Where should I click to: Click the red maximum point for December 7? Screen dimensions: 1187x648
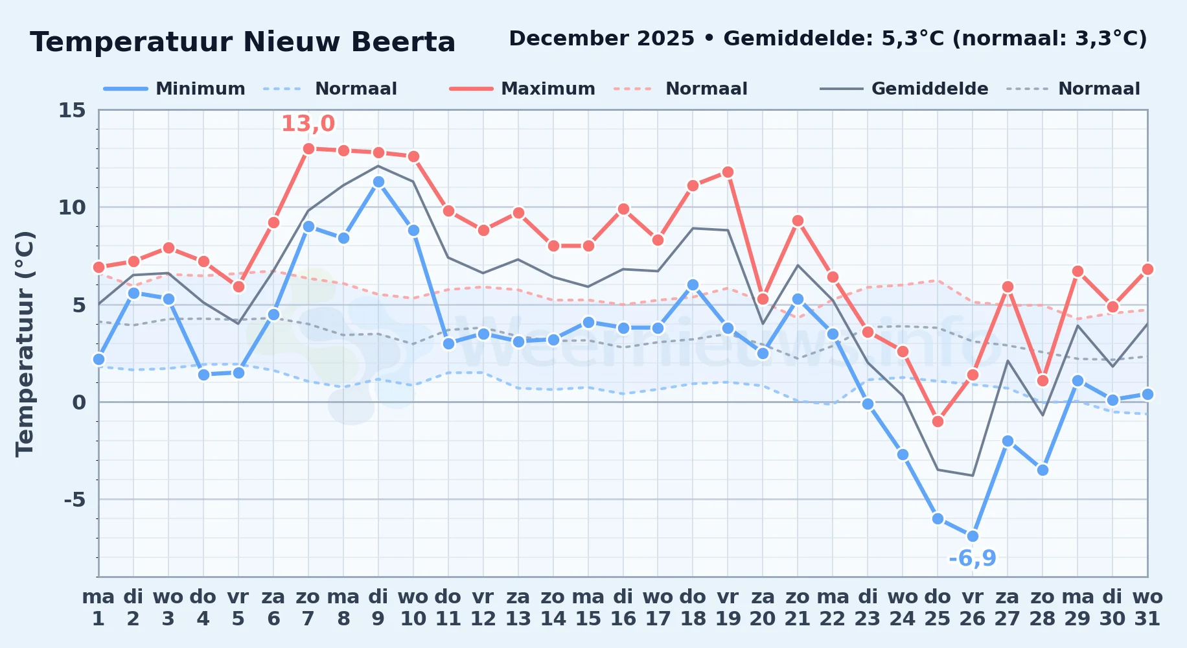click(x=308, y=148)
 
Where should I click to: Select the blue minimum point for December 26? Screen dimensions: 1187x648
click(x=973, y=536)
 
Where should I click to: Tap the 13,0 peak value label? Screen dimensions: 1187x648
click(x=308, y=123)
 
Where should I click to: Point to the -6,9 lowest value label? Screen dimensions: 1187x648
click(x=973, y=558)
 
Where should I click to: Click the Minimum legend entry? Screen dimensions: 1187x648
click(x=175, y=89)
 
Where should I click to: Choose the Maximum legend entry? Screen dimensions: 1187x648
click(x=523, y=89)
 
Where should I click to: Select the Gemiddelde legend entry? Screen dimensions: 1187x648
click(x=905, y=89)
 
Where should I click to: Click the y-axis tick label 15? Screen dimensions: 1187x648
click(x=72, y=110)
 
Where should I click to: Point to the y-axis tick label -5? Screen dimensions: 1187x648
click(x=75, y=500)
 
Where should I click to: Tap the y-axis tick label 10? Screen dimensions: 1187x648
click(x=72, y=207)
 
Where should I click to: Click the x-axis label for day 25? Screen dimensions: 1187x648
click(x=938, y=608)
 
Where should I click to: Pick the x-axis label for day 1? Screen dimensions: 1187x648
click(x=98, y=608)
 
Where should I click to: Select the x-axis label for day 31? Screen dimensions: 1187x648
click(x=1147, y=608)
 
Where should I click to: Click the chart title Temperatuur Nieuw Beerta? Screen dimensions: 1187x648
click(x=243, y=42)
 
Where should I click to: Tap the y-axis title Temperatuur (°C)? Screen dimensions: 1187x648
click(x=25, y=343)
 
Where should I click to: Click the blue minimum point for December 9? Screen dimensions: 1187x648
click(x=378, y=182)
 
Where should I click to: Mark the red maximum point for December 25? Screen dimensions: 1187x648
click(x=938, y=421)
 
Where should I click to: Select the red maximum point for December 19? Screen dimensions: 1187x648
click(x=728, y=172)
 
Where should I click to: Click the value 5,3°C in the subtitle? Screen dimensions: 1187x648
click(x=913, y=39)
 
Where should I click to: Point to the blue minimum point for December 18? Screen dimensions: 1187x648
click(x=693, y=284)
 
